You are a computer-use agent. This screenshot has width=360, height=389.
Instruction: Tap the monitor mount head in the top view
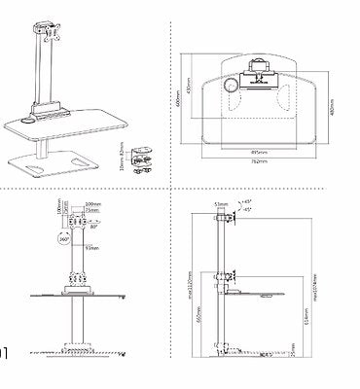[261, 69]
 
